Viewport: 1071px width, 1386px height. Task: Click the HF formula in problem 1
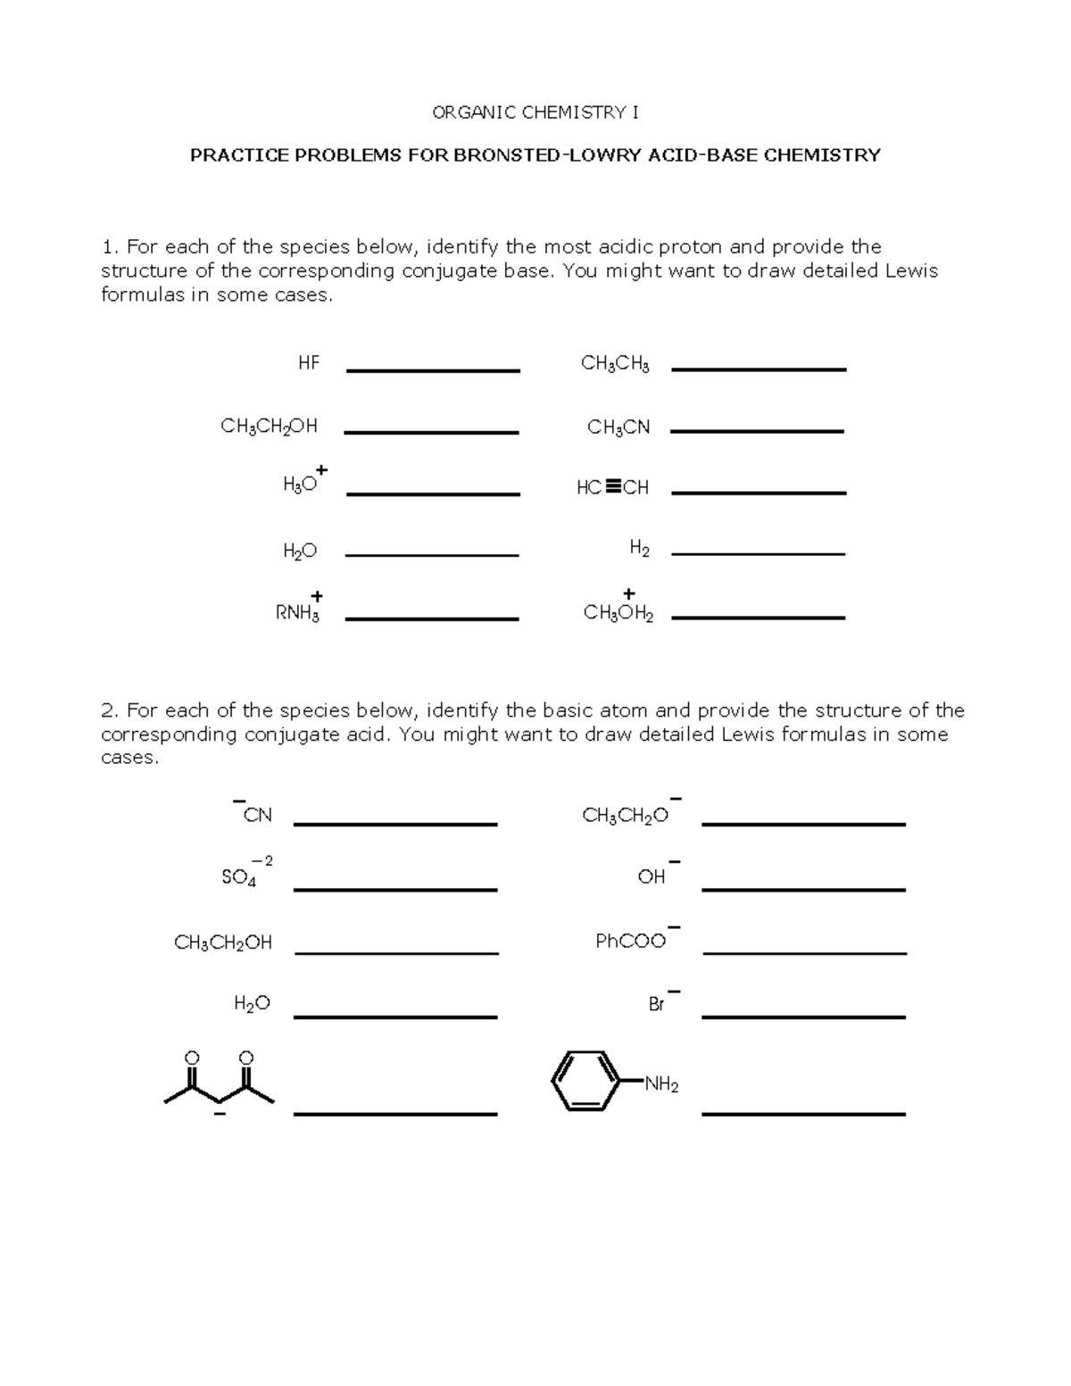(309, 363)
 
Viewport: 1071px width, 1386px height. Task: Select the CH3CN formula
(619, 428)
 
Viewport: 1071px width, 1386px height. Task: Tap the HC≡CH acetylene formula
(612, 487)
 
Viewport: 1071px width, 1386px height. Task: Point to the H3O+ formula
(302, 483)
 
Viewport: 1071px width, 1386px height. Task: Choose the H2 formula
(639, 549)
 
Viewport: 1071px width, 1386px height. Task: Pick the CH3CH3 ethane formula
(615, 364)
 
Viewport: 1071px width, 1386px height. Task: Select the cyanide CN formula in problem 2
(256, 815)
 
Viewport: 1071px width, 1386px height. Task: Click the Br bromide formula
(658, 1004)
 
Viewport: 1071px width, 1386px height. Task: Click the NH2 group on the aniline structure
(662, 1085)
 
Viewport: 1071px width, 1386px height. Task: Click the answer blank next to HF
(433, 370)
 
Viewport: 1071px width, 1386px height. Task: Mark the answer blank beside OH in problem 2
(803, 889)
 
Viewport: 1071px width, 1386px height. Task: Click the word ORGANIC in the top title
(472, 112)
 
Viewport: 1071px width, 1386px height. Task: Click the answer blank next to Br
(803, 1016)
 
